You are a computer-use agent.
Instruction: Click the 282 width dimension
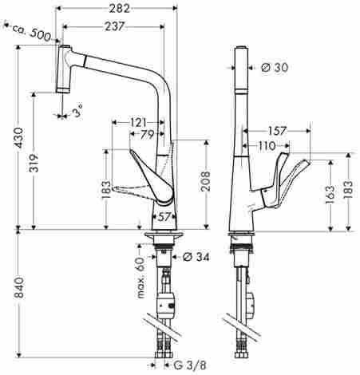click(119, 8)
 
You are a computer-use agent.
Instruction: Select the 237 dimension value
click(114, 26)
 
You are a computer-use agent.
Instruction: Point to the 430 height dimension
click(19, 138)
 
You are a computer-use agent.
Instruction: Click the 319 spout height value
click(34, 163)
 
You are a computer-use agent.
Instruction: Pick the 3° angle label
click(77, 111)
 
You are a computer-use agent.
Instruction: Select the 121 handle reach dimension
click(138, 123)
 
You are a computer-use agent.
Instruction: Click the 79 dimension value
click(147, 135)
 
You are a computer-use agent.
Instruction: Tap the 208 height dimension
click(205, 181)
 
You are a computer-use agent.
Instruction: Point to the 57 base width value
click(164, 217)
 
